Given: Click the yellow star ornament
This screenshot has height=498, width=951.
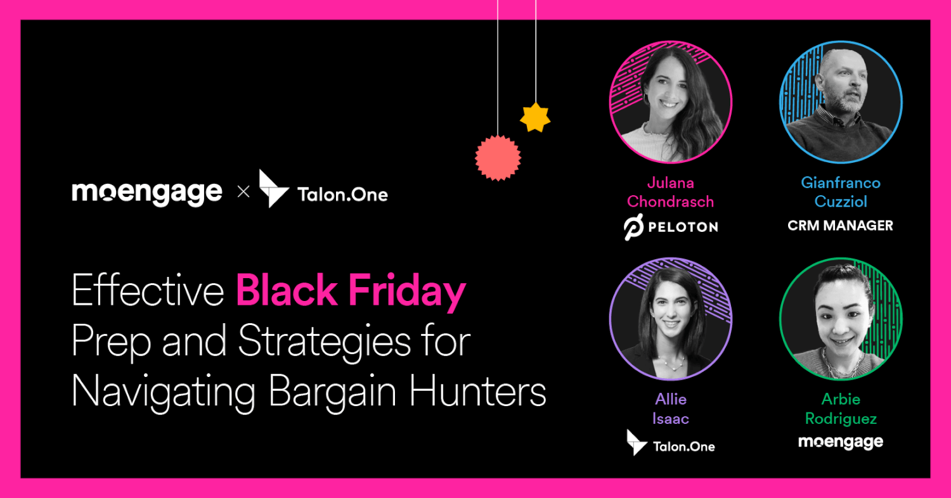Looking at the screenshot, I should (535, 117).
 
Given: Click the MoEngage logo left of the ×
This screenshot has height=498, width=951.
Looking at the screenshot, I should (147, 192).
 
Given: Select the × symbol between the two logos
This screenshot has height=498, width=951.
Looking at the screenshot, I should (243, 192).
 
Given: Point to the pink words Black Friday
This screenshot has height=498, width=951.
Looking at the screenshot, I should (351, 291).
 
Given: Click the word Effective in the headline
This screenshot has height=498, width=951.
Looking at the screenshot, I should (148, 291).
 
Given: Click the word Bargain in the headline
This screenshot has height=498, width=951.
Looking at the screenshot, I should (335, 393).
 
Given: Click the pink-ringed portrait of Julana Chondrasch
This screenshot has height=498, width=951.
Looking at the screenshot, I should (671, 102).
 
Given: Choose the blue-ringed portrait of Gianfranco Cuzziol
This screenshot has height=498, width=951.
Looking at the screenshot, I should (841, 102).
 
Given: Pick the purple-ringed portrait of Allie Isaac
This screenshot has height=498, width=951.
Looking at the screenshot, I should (671, 318).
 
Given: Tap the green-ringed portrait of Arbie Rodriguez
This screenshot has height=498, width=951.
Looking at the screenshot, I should (841, 318).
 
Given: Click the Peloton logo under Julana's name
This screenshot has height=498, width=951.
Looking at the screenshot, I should (671, 227).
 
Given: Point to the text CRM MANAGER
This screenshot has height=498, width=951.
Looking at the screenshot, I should (840, 226).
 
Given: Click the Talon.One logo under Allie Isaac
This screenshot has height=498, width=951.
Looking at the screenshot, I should (671, 443).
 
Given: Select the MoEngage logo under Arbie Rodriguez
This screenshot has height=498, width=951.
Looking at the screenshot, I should (841, 442).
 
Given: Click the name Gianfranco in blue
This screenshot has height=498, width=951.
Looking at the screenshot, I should (841, 183).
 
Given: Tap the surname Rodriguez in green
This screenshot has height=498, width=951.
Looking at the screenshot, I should (841, 419).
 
